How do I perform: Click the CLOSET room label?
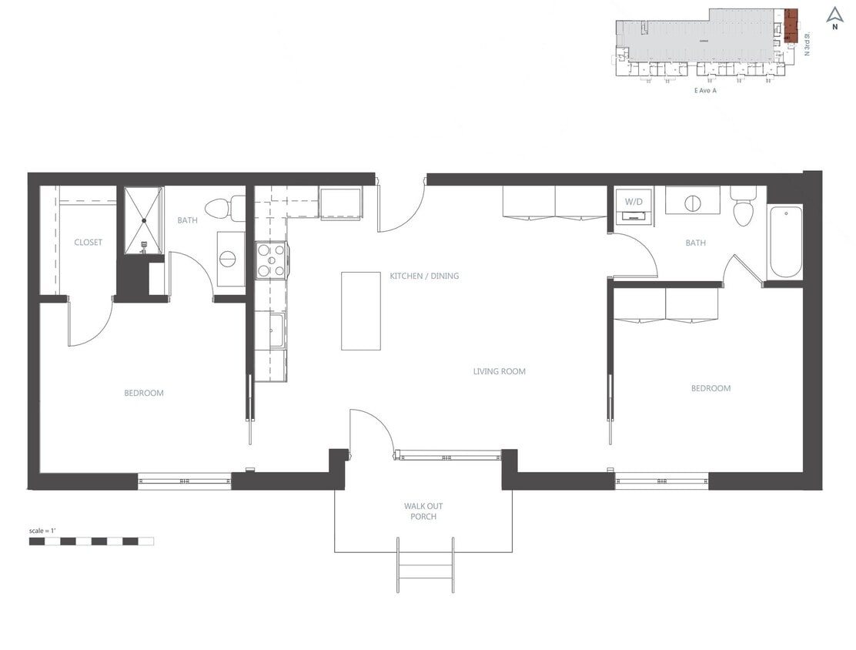coord(88,243)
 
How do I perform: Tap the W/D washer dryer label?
coord(633,202)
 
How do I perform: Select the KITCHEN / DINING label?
coord(424,276)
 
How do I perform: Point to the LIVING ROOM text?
coord(499,371)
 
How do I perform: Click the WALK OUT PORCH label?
coord(423,511)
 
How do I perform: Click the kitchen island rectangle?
coord(361,311)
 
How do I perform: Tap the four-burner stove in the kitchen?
coord(271,260)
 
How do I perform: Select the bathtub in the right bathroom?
coord(785,242)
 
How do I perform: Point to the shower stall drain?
coord(144,220)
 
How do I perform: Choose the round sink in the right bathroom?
coord(692,203)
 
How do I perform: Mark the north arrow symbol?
coord(834,15)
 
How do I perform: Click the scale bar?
coord(91,541)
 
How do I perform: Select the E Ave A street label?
coord(705,90)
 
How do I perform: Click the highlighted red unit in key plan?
coord(791,25)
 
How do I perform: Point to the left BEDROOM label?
coord(144,394)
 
